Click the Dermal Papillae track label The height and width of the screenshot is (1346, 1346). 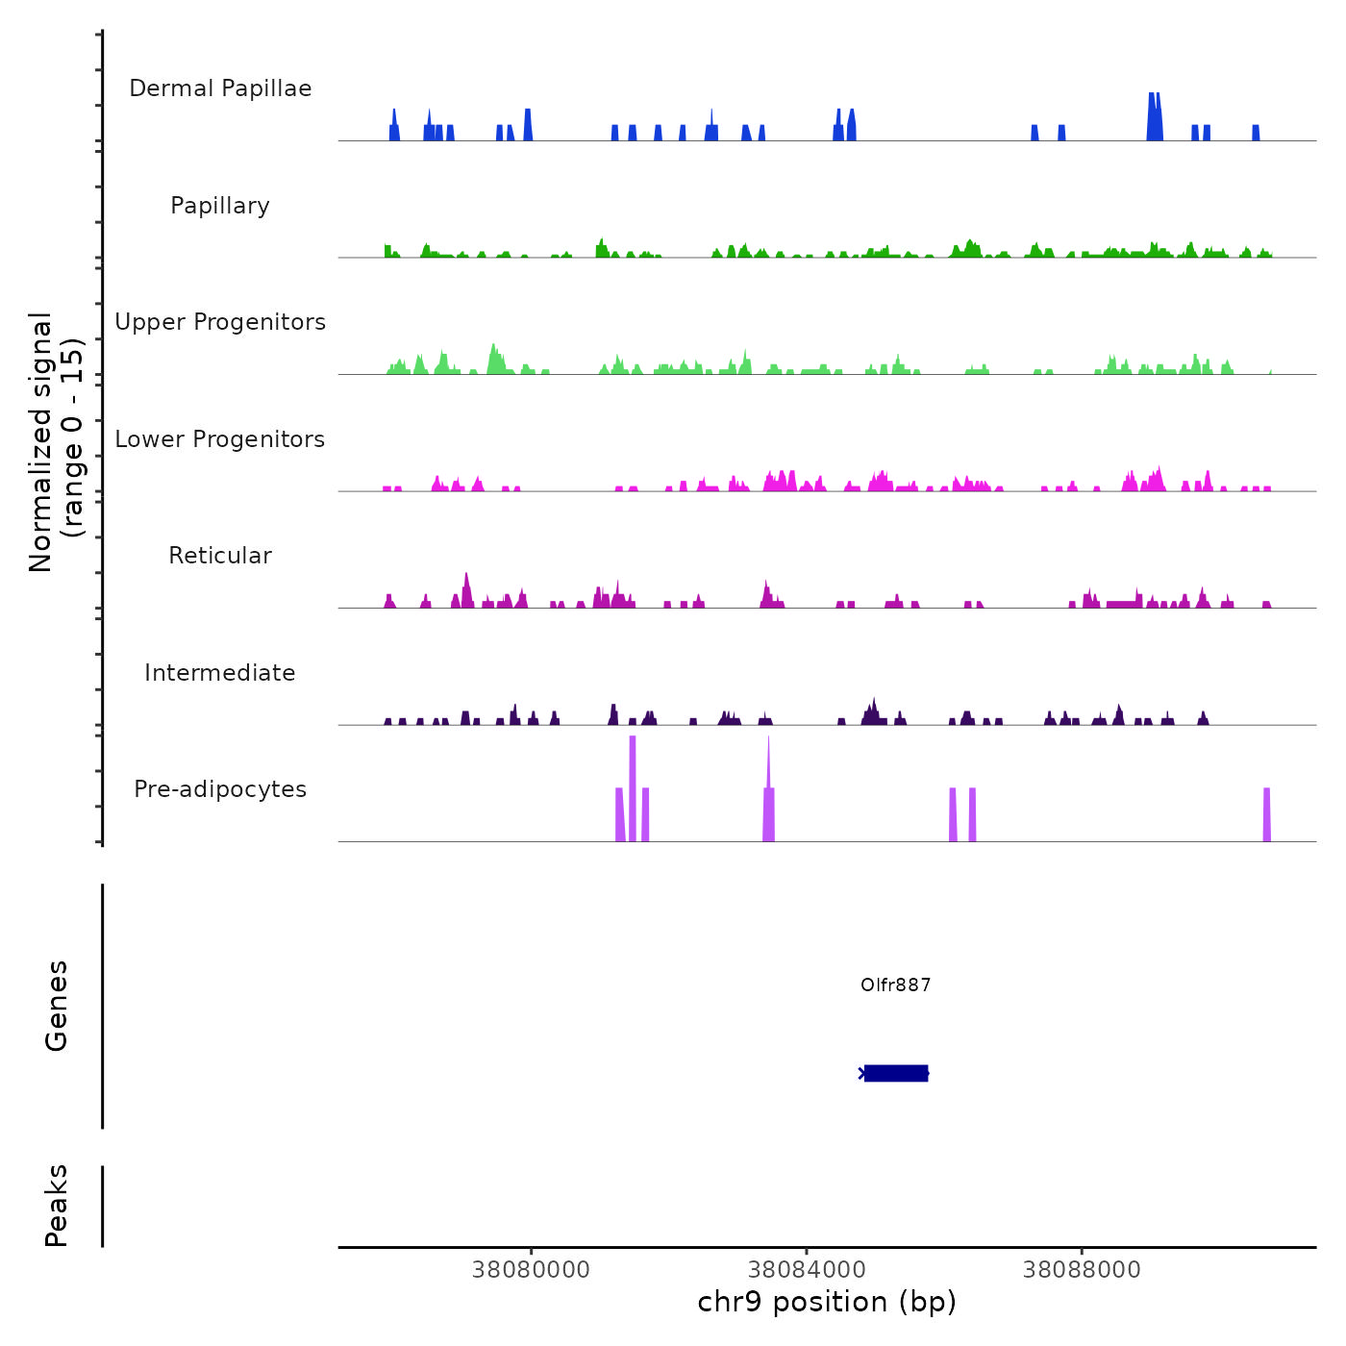point(220,88)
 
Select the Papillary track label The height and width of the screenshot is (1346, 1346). point(220,206)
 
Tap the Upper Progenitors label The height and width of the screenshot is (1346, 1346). point(220,322)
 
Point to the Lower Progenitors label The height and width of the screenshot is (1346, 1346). point(220,439)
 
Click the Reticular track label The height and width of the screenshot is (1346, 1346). point(220,556)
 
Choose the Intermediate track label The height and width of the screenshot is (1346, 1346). point(220,673)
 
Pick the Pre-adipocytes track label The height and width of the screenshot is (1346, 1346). point(220,789)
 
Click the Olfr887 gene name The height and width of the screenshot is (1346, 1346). point(895,985)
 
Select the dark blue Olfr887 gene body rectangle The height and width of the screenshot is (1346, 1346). point(896,1073)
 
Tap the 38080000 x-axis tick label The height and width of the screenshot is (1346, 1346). point(531,1270)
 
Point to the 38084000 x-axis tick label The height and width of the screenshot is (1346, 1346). point(807,1270)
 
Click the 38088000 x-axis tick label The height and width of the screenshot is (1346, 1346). point(1082,1270)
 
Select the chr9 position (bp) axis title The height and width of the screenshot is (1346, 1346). point(827,1303)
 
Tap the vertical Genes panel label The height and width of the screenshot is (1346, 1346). point(57,1006)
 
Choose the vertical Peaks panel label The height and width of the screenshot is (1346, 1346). point(57,1206)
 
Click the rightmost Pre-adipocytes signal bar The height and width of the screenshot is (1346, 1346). point(1266,815)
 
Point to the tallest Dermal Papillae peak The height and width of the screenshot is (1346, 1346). point(1155,115)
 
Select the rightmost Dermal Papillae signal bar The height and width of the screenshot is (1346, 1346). point(1256,133)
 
